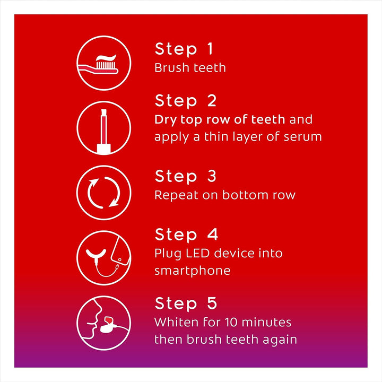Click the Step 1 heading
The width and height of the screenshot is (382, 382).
click(x=184, y=49)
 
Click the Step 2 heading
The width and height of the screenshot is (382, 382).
click(x=186, y=101)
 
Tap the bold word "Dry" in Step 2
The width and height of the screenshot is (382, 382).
click(x=164, y=119)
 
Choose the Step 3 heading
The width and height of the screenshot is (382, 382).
click(x=186, y=176)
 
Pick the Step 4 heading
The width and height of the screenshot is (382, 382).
click(x=186, y=235)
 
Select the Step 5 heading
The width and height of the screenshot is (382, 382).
click(x=186, y=303)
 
